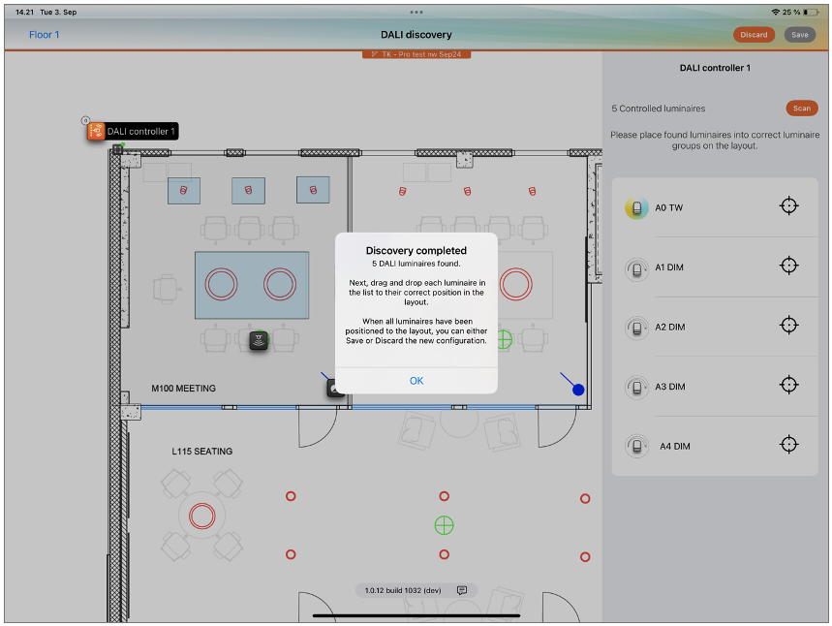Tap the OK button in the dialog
[416, 381]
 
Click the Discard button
[754, 35]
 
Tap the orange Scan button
[802, 108]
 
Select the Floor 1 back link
[44, 35]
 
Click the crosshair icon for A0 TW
[789, 205]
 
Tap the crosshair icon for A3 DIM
[789, 385]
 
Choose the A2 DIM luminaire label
[669, 328]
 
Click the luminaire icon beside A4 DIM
[636, 446]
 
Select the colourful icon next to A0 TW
[636, 208]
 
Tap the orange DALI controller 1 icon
[96, 131]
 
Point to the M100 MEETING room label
[184, 389]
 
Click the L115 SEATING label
[202, 452]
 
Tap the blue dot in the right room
[578, 390]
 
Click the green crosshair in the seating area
[445, 525]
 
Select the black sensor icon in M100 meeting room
[259, 340]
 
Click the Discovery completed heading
[416, 251]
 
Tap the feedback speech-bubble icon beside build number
[462, 590]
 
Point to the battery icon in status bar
[811, 12]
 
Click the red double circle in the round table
[202, 516]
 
